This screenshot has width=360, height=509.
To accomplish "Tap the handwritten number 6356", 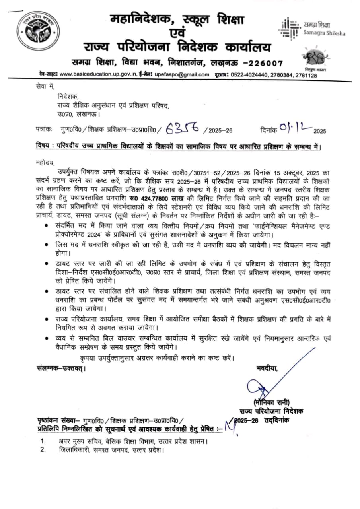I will pos(183,128).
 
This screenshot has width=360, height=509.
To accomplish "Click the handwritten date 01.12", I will pos(294,128).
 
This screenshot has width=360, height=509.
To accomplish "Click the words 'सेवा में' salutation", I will pos(44,86).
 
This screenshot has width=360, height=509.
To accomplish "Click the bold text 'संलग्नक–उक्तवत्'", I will pos(61,369).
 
